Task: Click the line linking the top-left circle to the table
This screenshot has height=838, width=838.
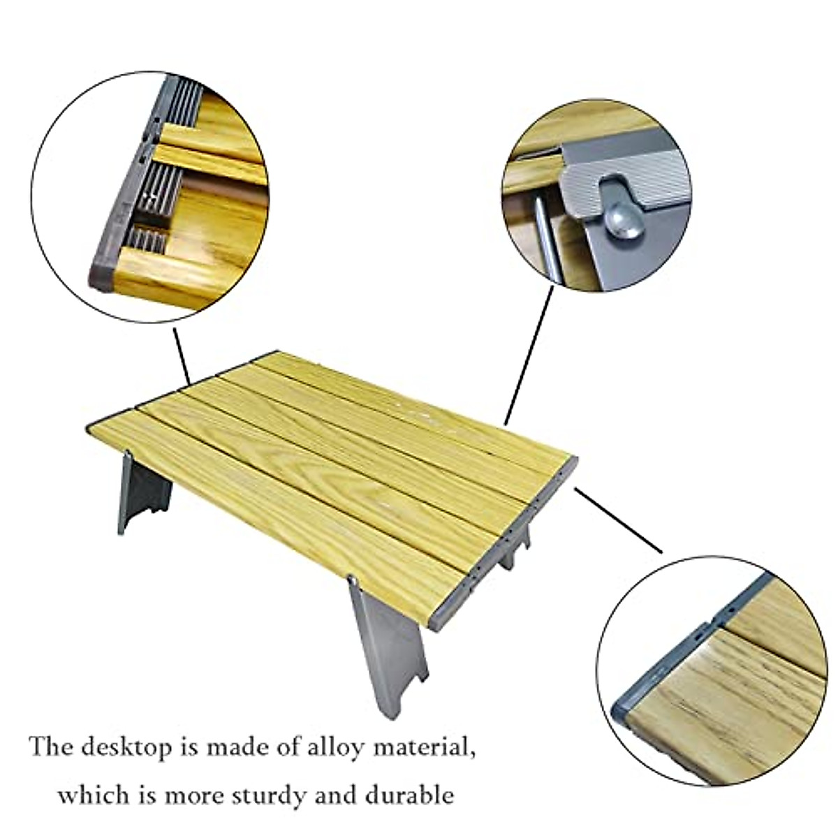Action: pyautogui.click(x=181, y=355)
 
